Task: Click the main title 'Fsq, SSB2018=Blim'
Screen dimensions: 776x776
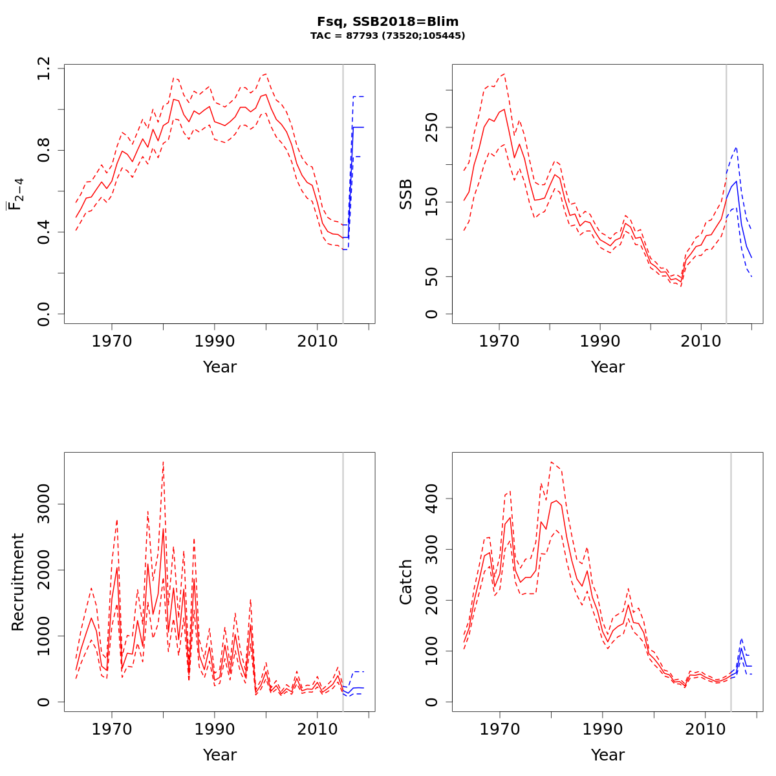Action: click(x=387, y=21)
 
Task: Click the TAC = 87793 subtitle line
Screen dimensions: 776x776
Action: click(x=387, y=36)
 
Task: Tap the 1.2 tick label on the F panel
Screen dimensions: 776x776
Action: click(x=44, y=68)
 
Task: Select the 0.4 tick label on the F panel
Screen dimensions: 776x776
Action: click(x=44, y=232)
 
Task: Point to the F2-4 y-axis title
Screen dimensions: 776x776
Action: click(x=16, y=194)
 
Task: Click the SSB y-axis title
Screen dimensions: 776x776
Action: click(x=405, y=194)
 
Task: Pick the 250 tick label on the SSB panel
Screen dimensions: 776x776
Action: click(x=432, y=127)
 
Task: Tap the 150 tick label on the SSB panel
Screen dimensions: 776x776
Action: click(x=432, y=202)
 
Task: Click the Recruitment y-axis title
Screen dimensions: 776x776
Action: click(x=17, y=582)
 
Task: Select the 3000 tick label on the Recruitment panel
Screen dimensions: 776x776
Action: click(x=44, y=504)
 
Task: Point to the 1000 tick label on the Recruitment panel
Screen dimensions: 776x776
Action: click(x=44, y=636)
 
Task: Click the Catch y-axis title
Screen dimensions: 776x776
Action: click(x=405, y=582)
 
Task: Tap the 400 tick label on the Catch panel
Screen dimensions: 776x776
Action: click(x=432, y=499)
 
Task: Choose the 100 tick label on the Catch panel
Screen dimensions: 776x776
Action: click(x=432, y=651)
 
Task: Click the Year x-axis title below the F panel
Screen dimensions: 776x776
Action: click(x=220, y=367)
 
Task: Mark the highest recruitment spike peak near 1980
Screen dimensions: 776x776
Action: click(x=163, y=462)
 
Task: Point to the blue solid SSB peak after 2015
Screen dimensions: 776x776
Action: click(x=736, y=182)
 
